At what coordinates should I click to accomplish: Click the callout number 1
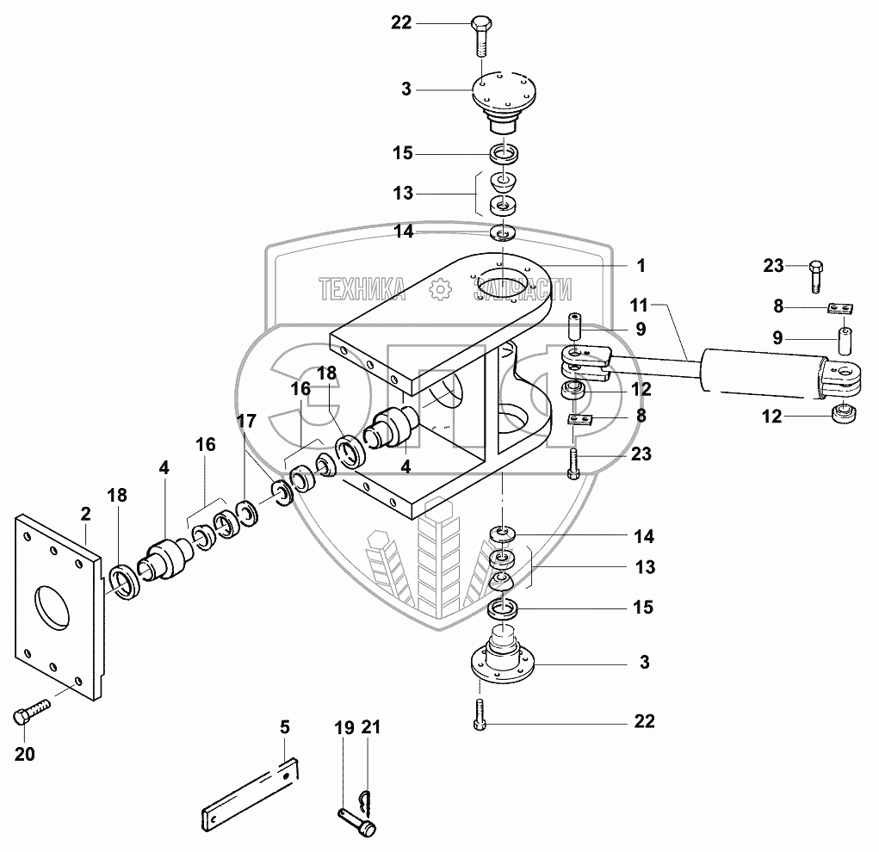tap(641, 266)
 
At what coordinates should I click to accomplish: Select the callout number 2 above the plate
tap(85, 514)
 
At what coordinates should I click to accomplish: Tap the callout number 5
tap(285, 727)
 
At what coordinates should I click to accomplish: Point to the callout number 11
tap(639, 306)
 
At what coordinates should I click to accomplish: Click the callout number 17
tap(247, 421)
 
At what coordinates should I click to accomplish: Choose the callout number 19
tap(344, 727)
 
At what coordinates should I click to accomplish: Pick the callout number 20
tap(25, 755)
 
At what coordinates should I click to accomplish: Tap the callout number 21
tap(371, 727)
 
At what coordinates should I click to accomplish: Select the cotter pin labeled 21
tap(364, 797)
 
